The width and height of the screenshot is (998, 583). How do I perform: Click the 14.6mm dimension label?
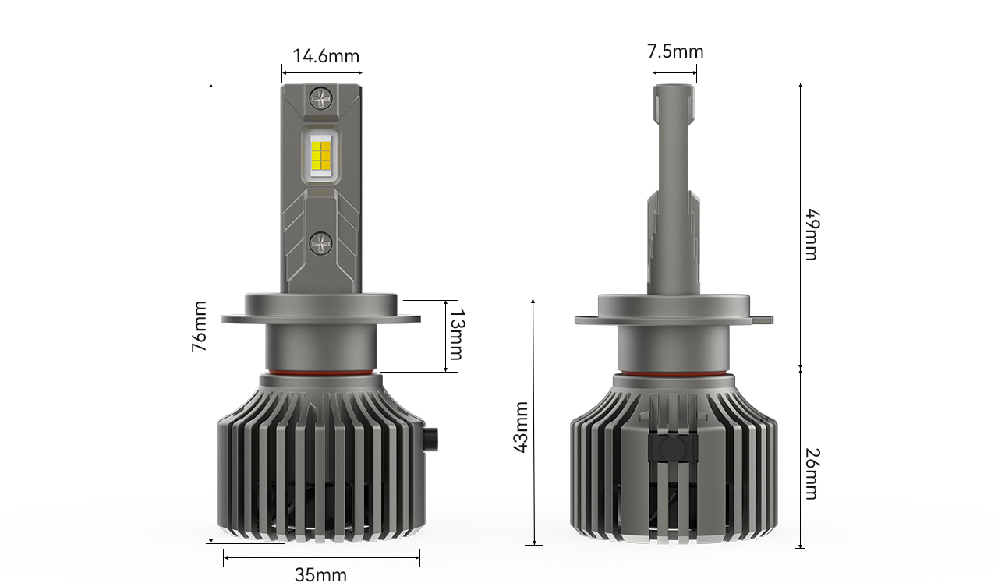[x=326, y=56]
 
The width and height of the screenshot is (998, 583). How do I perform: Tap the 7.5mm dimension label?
[x=675, y=51]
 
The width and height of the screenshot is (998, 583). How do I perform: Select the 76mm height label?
[x=199, y=327]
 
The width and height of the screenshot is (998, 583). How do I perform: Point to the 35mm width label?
[x=320, y=574]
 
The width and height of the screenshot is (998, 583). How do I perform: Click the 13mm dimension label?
[x=456, y=334]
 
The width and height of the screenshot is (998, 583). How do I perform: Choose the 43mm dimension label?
[x=520, y=427]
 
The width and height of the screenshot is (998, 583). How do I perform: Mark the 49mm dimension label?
[x=812, y=235]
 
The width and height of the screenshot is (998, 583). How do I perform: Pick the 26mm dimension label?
[x=812, y=474]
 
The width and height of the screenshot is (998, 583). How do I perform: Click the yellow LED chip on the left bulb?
[x=320, y=155]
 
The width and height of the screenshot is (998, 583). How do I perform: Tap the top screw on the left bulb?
[x=321, y=97]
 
